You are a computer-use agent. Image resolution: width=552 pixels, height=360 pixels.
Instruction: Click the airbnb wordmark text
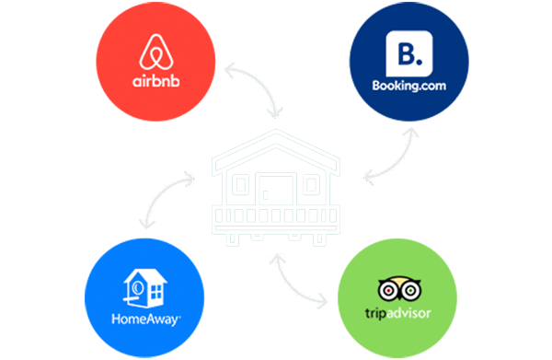156,81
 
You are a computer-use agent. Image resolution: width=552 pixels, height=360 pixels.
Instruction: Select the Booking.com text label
409,86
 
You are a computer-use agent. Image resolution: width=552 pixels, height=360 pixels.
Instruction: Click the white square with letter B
409,53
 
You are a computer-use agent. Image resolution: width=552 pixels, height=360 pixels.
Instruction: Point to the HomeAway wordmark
146,319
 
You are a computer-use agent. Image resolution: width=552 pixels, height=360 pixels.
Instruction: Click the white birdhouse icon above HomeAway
144,288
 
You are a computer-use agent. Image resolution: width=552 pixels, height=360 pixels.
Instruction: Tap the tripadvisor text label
398,313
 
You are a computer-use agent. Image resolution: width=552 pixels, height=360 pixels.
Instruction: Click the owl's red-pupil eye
388,291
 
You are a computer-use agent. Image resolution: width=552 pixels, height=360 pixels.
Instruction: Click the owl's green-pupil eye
410,291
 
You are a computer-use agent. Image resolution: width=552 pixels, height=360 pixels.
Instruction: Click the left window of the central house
241,185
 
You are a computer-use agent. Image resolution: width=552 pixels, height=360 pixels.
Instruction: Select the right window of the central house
311,185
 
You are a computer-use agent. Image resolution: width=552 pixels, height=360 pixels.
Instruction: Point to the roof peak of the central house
276,132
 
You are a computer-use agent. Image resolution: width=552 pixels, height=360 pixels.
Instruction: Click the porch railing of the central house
276,215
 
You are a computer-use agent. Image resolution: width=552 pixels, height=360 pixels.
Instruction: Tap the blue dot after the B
419,62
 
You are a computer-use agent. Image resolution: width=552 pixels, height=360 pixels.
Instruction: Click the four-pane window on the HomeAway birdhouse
156,292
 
